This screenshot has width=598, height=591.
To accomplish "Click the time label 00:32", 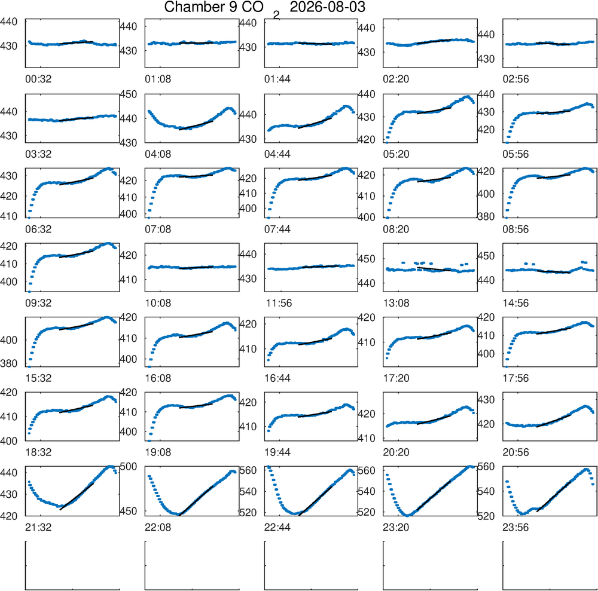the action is click(38, 79).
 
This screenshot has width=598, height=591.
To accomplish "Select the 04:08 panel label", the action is click(158, 154).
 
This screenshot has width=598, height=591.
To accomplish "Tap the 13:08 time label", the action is click(396, 303).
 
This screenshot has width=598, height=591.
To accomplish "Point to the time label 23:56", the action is click(515, 528).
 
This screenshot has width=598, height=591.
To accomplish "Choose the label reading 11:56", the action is click(279, 303).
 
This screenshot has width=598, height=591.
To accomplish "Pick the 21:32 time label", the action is click(38, 528).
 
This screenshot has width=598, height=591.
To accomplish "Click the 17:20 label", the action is click(396, 378).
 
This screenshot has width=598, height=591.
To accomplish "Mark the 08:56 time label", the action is click(515, 229).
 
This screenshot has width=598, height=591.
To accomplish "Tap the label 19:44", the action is click(277, 452).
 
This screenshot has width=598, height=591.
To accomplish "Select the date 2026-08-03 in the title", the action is click(328, 7).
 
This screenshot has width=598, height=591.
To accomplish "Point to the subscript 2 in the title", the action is click(276, 15).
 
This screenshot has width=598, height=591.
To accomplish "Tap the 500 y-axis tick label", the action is click(129, 466).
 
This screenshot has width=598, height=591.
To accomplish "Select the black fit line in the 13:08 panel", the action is click(434, 269).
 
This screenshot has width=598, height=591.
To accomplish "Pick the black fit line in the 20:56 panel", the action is click(553, 421).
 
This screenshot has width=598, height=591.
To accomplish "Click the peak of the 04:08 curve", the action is click(229, 108).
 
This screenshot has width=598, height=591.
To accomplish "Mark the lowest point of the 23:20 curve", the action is click(408, 515).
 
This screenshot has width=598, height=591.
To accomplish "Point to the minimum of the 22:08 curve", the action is click(177, 514).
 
